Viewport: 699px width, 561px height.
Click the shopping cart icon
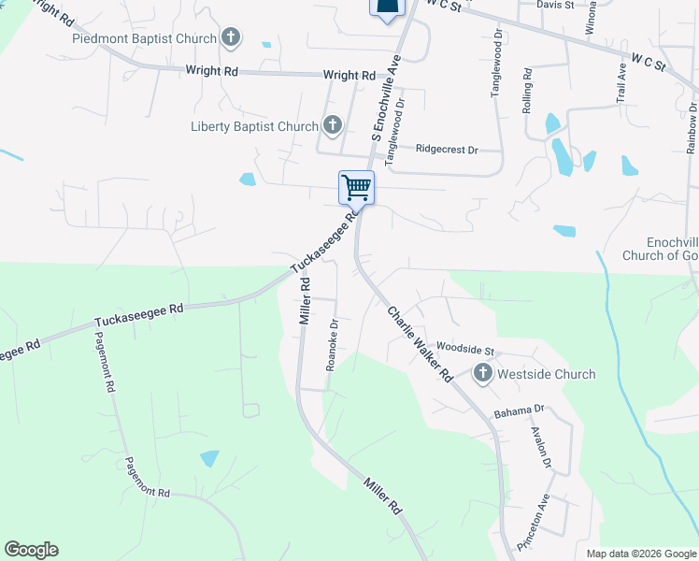click(356, 187)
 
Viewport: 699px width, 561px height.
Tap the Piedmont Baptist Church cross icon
click(231, 38)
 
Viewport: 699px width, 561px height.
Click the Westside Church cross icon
click(483, 374)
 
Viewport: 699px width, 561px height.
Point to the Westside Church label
click(547, 374)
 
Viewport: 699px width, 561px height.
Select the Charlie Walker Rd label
click(420, 344)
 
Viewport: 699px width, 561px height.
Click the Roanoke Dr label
click(332, 346)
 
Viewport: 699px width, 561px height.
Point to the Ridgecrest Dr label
click(447, 149)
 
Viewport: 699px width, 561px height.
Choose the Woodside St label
click(471, 348)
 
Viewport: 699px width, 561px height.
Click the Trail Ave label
click(621, 84)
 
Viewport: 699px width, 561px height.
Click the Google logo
click(31, 550)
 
